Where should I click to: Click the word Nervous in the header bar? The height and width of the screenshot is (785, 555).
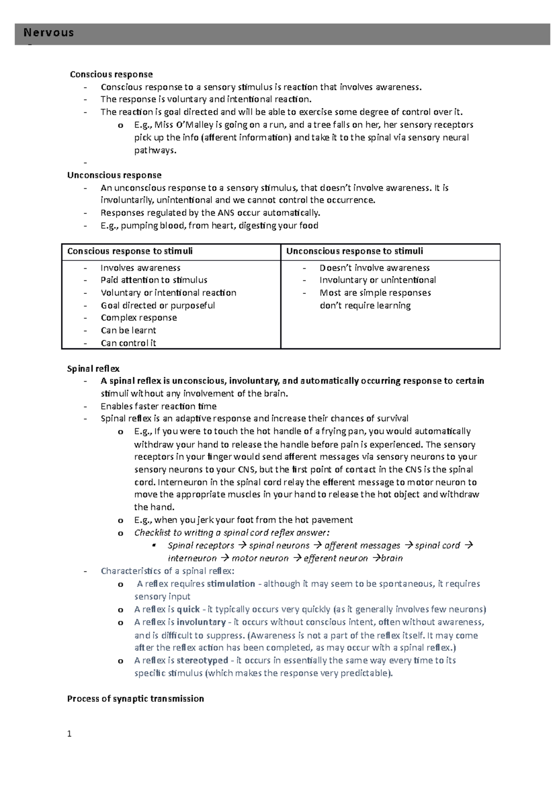pyautogui.click(x=49, y=33)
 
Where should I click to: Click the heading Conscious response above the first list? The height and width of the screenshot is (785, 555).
pyautogui.click(x=111, y=74)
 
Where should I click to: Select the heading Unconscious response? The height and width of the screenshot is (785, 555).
pyautogui.click(x=114, y=175)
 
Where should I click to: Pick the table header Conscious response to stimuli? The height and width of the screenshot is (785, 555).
pyautogui.click(x=130, y=251)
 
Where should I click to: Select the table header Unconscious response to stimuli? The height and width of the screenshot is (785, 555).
pyautogui.click(x=354, y=251)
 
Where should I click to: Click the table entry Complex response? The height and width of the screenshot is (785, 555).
pyautogui.click(x=139, y=318)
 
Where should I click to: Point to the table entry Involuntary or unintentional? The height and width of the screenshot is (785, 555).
pyautogui.click(x=377, y=280)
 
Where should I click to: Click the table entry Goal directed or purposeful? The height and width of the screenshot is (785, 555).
pyautogui.click(x=158, y=305)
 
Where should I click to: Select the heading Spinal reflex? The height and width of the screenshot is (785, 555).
pyautogui.click(x=93, y=369)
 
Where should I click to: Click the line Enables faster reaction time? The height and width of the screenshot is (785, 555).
pyautogui.click(x=159, y=406)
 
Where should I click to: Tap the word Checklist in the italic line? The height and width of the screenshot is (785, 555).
pyautogui.click(x=152, y=532)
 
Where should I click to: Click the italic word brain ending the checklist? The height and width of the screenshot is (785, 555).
pyautogui.click(x=392, y=558)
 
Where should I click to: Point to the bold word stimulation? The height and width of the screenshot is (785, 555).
pyautogui.click(x=231, y=584)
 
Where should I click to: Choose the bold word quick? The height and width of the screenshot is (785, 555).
pyautogui.click(x=188, y=609)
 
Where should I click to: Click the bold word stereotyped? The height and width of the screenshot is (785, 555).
pyautogui.click(x=202, y=660)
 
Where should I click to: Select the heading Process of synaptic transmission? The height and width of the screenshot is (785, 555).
pyautogui.click(x=136, y=698)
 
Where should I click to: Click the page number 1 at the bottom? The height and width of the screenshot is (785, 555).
pyautogui.click(x=69, y=734)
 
